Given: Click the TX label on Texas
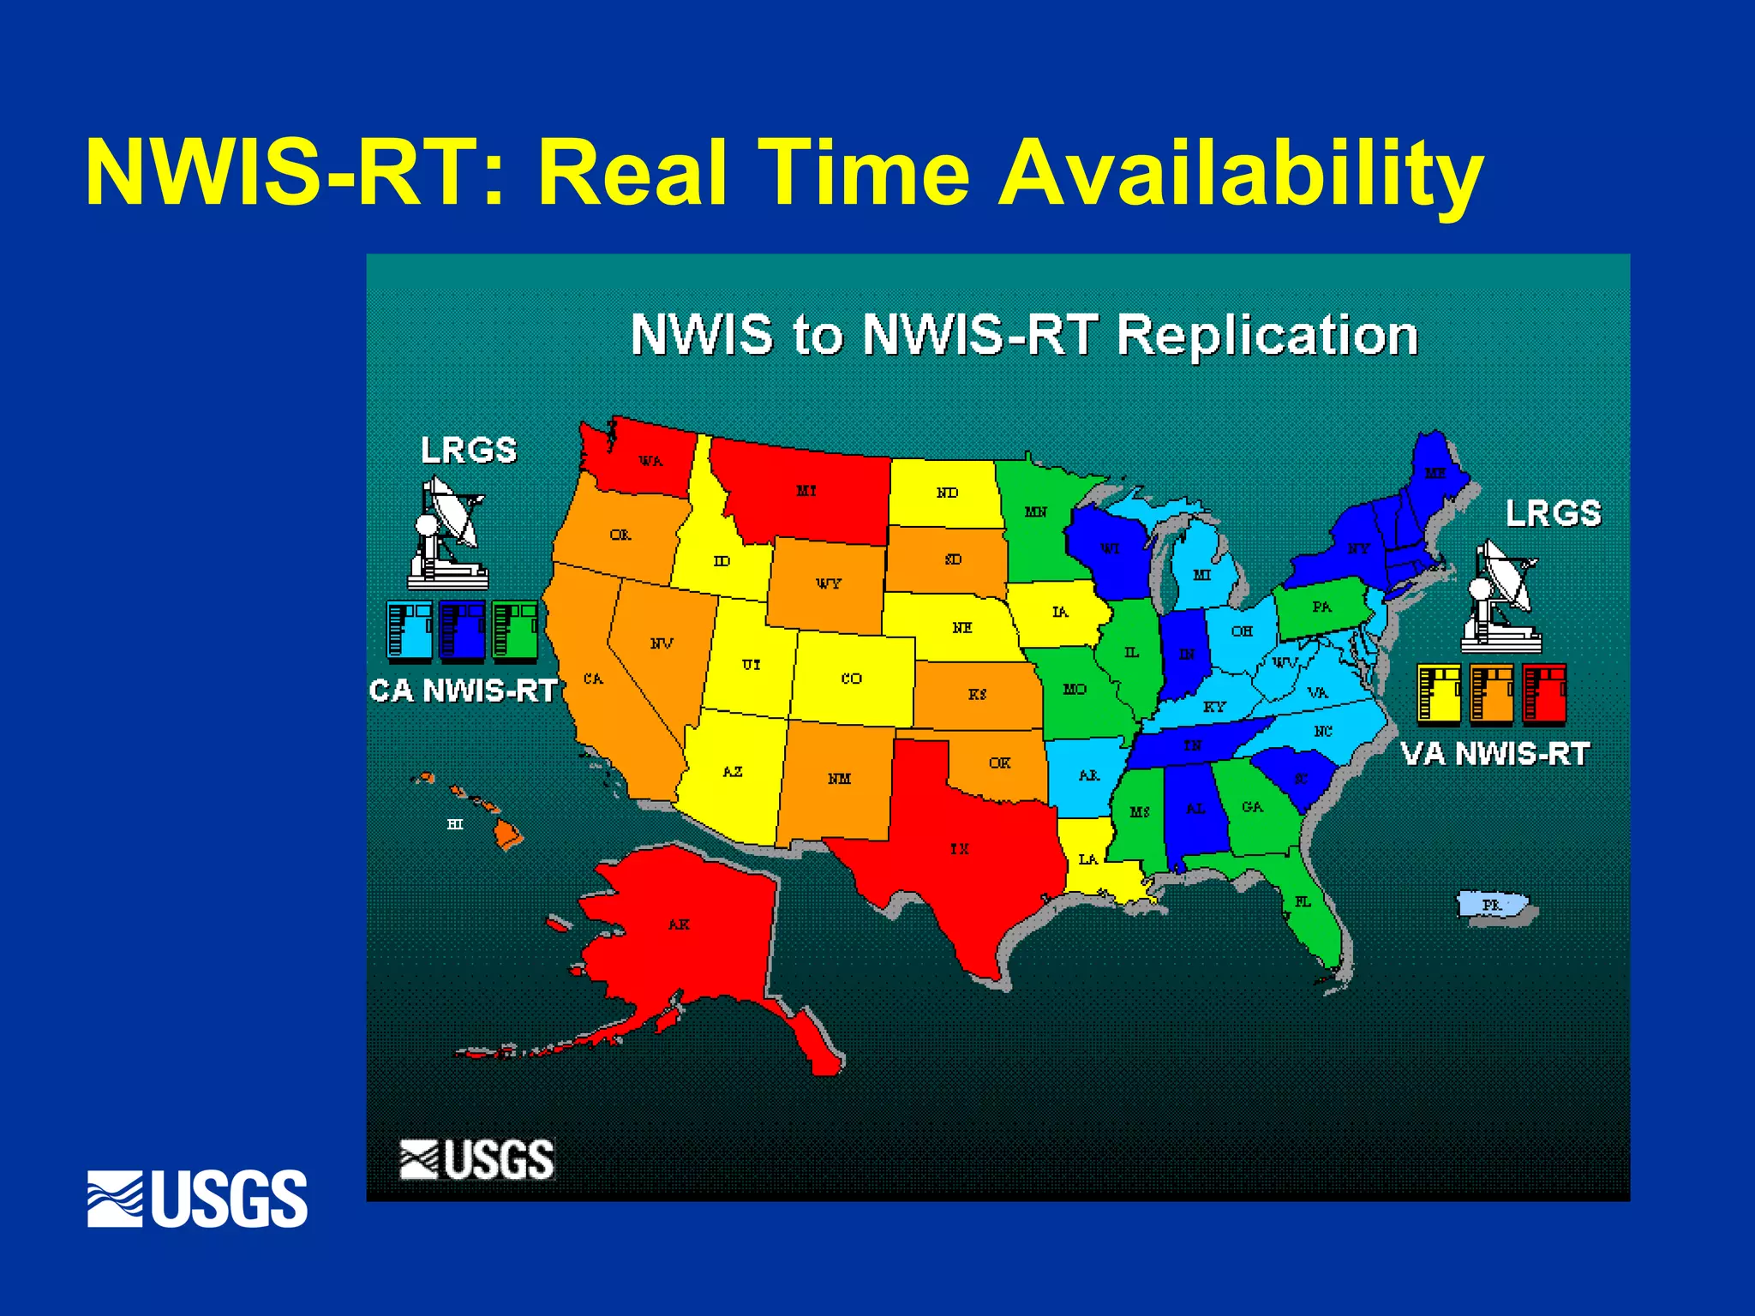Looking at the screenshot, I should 960,848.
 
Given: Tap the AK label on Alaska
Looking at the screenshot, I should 679,924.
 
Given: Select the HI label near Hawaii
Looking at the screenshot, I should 455,824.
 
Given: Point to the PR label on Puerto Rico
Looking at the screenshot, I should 1492,905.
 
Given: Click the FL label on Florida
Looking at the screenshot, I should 1303,901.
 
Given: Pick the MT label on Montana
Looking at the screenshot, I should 806,491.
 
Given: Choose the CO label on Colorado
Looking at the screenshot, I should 851,679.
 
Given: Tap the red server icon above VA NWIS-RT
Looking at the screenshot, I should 1544,692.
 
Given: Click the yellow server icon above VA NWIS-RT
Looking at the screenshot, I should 1439,692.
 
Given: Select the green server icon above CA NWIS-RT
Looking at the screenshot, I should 515,631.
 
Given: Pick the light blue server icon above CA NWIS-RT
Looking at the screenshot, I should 410,631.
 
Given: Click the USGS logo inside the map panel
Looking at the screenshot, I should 477,1159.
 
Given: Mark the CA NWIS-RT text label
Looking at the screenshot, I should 464,691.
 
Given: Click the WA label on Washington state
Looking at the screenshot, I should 650,461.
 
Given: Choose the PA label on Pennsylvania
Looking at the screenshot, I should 1322,607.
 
